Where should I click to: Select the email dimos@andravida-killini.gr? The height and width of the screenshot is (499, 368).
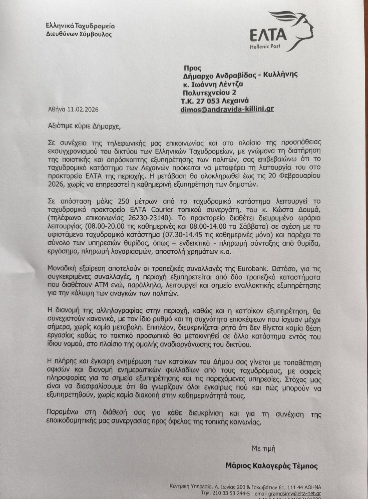tap(226, 109)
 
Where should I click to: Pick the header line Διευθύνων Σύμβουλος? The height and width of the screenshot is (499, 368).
tap(79, 34)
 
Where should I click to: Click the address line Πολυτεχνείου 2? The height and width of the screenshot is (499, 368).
tap(209, 92)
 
